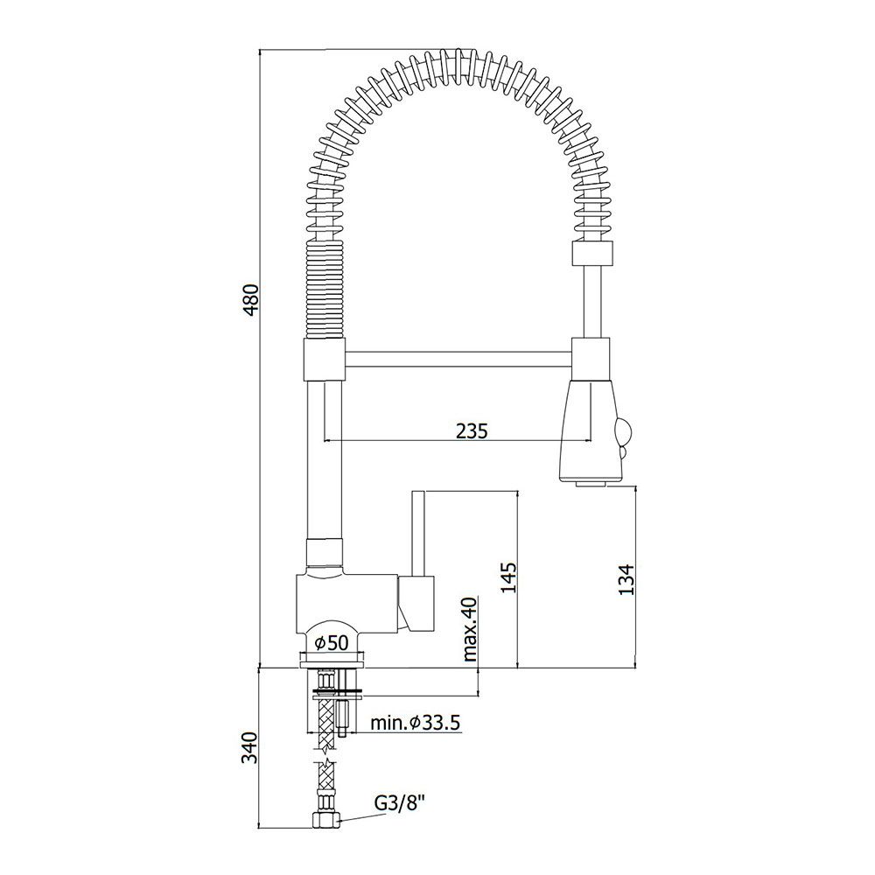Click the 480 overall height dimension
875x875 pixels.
tap(252, 299)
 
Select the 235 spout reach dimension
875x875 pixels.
tap(472, 430)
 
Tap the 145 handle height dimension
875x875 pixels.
tap(509, 577)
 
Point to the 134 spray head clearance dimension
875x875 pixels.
tap(626, 579)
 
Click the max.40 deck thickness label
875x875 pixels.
tap(470, 629)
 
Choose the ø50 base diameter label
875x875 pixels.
tap(332, 643)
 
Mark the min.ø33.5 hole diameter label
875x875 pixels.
tap(415, 723)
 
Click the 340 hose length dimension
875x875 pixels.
tap(250, 748)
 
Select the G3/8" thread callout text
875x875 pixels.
tap(400, 803)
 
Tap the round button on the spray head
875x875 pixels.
tap(623, 432)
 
